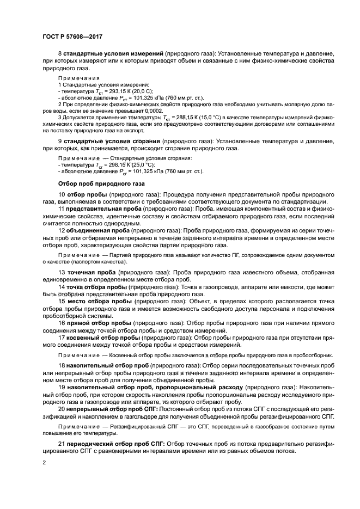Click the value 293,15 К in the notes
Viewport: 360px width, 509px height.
tap(116, 92)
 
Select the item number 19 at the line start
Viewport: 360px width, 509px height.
tap(62, 386)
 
